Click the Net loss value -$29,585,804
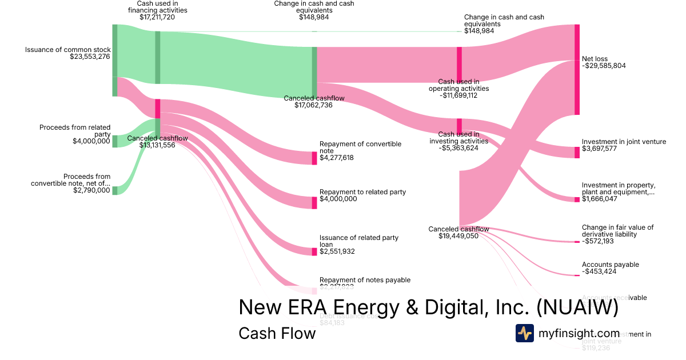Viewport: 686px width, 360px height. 604,66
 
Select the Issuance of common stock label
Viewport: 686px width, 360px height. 67,50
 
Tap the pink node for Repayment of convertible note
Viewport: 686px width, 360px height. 314,158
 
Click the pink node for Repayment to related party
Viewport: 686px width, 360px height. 314,202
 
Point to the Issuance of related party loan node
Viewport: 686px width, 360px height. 314,251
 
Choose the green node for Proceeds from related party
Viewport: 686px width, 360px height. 115,141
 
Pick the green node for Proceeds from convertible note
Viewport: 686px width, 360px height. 115,190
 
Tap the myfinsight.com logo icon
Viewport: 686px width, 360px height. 525,333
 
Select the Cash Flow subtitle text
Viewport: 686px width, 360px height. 277,333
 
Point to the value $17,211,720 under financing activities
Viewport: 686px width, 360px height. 157,17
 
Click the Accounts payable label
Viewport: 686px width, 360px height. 610,265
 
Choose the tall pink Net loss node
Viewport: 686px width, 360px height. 577,70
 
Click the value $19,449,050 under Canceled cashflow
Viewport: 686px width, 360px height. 458,236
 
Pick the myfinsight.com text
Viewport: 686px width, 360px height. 579,333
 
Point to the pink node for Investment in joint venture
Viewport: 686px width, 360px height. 577,152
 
